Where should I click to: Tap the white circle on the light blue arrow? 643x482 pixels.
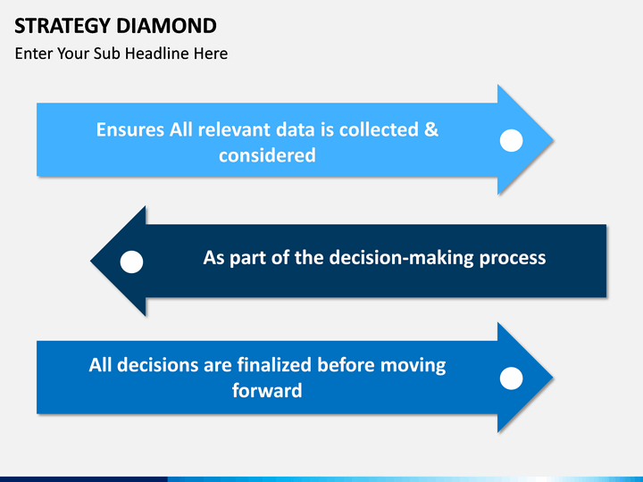(x=511, y=140)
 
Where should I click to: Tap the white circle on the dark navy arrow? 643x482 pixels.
(x=131, y=262)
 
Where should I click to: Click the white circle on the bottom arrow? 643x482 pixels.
(x=511, y=378)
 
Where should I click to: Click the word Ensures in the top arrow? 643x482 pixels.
(x=130, y=129)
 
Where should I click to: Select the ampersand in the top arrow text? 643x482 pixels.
(x=430, y=129)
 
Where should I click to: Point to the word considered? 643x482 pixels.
(x=267, y=155)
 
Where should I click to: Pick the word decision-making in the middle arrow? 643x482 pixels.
(x=402, y=258)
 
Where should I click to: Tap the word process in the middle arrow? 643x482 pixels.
(x=512, y=258)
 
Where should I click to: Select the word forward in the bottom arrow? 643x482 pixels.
(x=267, y=391)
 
